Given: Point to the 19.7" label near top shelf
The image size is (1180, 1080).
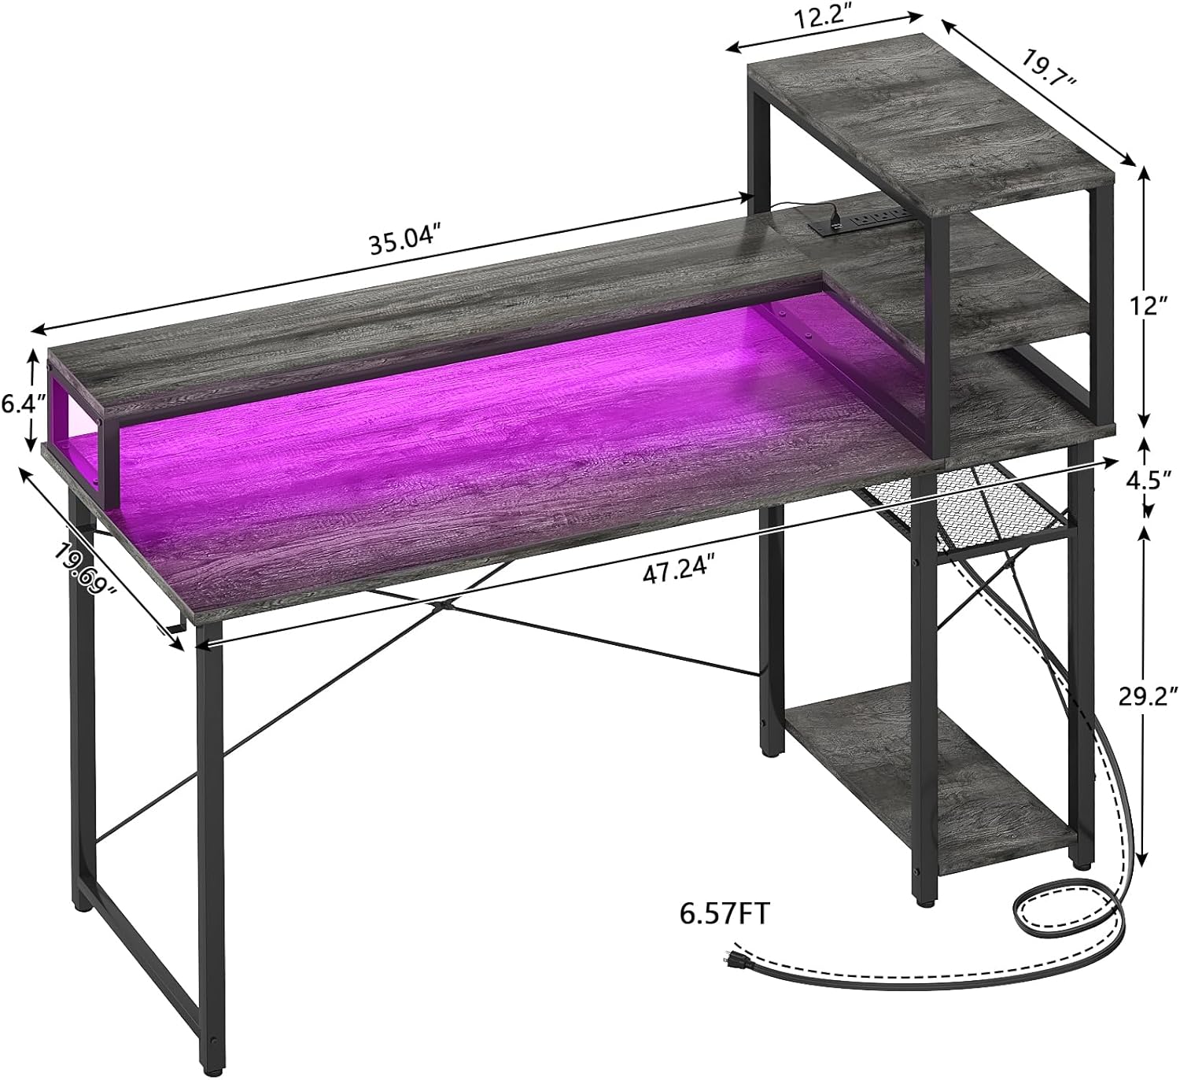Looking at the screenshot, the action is pyautogui.click(x=1049, y=68).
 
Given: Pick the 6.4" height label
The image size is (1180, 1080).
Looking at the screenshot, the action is pyautogui.click(x=24, y=405).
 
